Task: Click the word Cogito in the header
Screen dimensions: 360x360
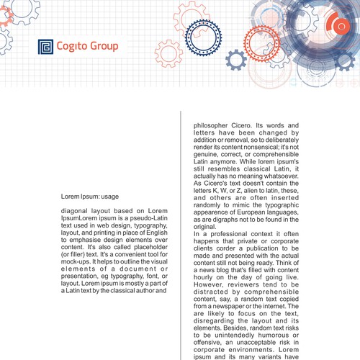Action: click(75, 48)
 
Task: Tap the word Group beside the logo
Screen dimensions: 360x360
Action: click(105, 48)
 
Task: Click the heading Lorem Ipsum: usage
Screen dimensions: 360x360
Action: click(90, 196)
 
